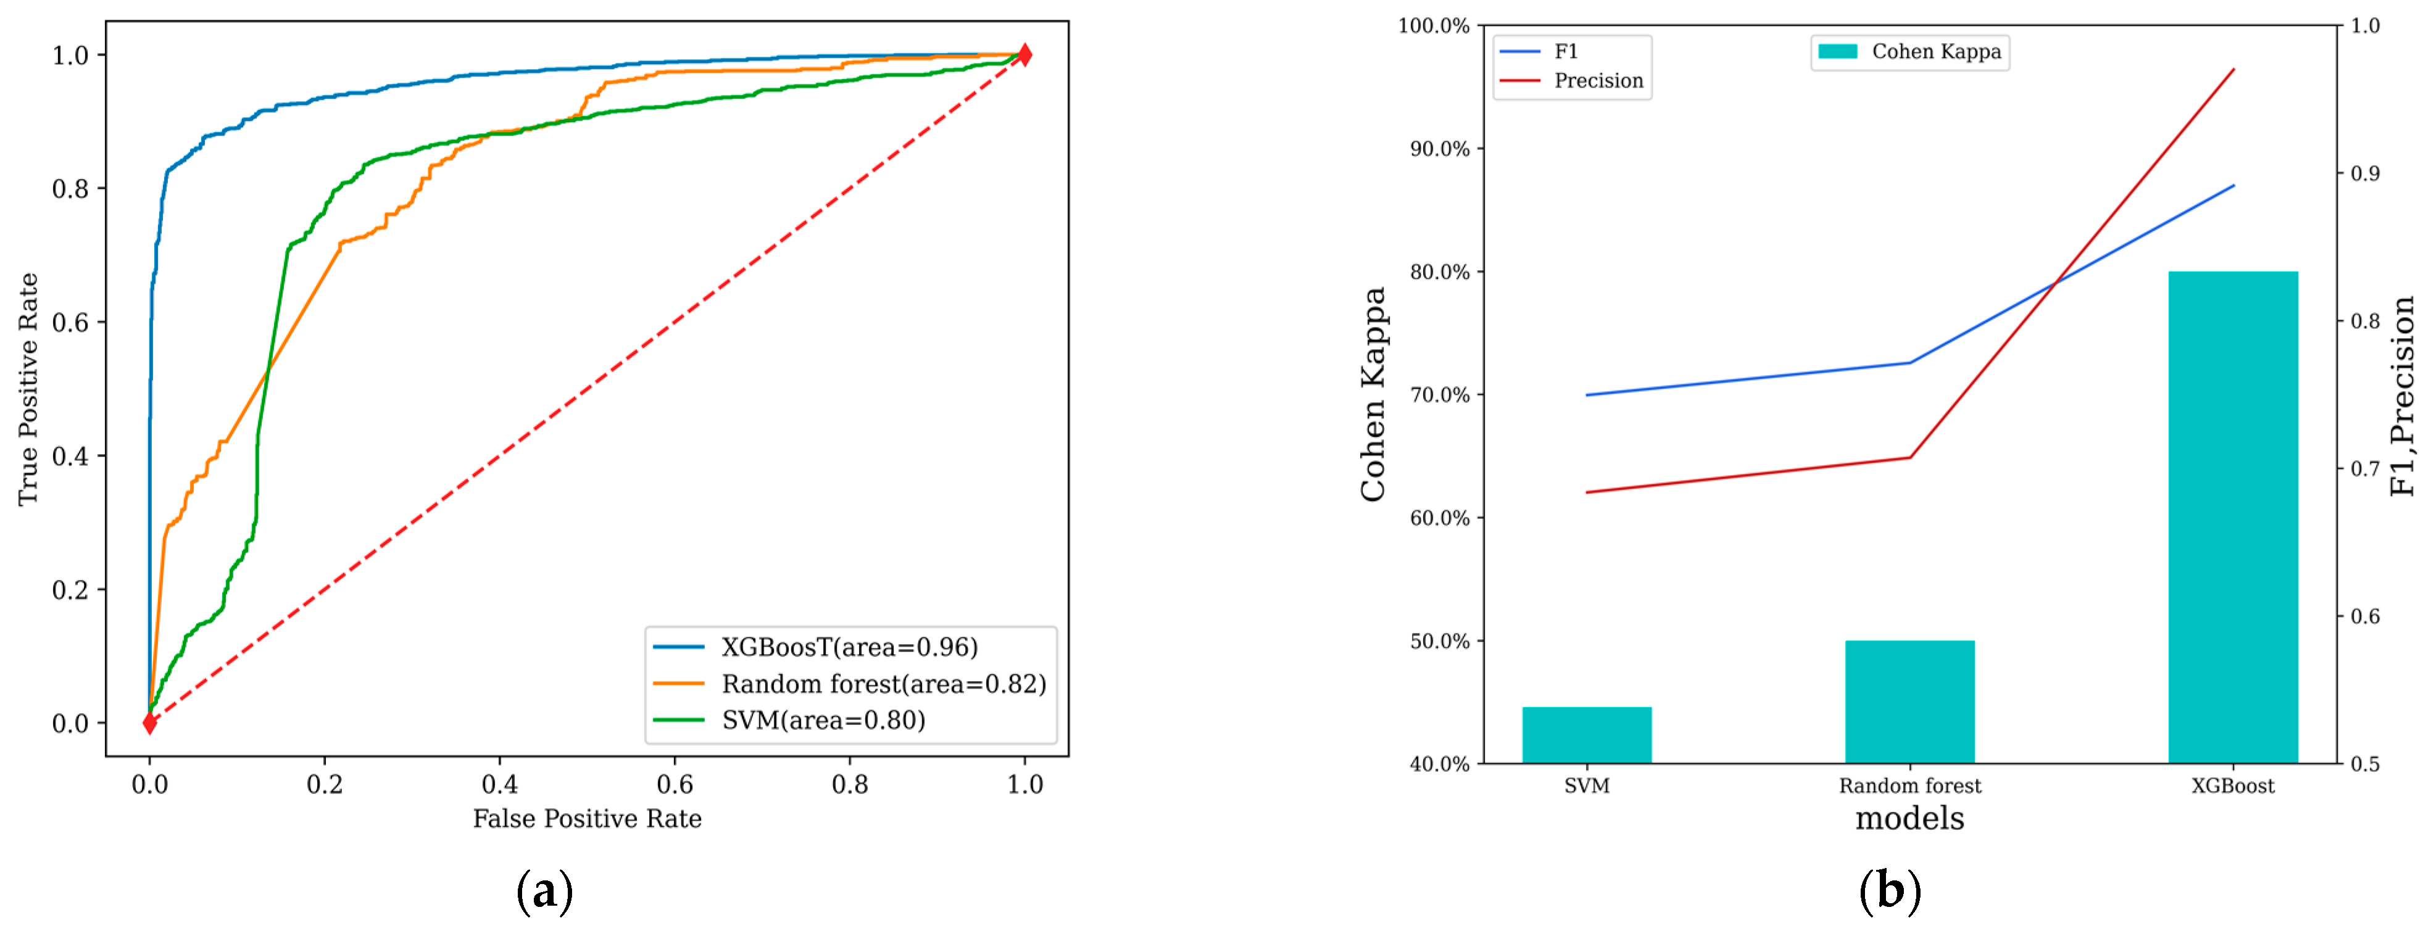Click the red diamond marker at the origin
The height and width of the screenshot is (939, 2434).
tap(149, 724)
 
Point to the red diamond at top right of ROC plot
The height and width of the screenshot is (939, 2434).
tap(1024, 55)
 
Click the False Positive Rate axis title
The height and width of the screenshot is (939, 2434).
tap(587, 819)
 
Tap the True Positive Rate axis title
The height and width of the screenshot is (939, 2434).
tap(28, 389)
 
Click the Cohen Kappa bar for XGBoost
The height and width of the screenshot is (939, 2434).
tap(2233, 518)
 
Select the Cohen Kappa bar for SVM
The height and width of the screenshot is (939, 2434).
tap(1587, 735)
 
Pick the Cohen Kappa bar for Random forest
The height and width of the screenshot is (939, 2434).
tap(1909, 702)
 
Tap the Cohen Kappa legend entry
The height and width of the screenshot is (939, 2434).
tap(1935, 52)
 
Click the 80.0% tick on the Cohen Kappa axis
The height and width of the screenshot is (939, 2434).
tap(1439, 272)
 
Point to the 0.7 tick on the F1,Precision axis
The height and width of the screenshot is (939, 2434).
tap(2365, 468)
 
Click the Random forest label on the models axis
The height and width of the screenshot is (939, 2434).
tap(1909, 786)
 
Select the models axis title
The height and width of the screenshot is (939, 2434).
tap(1909, 818)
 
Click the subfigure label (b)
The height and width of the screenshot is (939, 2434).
tap(1890, 891)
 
